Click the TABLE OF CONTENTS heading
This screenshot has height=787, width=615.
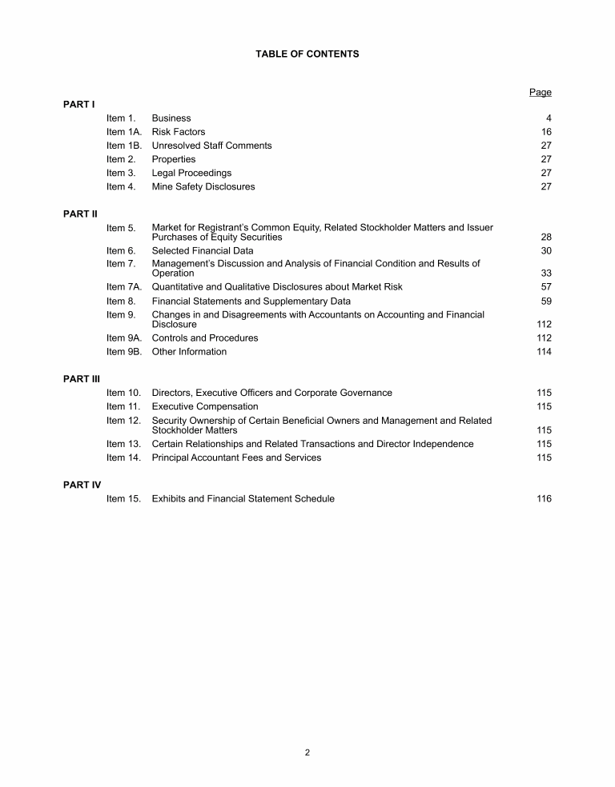pyautogui.click(x=307, y=54)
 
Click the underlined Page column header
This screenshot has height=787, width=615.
pyautogui.click(x=540, y=93)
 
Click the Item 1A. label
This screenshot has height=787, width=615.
pyautogui.click(x=123, y=132)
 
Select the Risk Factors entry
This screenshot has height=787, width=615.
pyautogui.click(x=178, y=132)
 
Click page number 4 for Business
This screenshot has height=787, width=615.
pyautogui.click(x=549, y=118)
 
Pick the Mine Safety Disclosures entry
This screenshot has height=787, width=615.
pyautogui.click(x=203, y=186)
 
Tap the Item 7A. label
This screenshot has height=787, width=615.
pyautogui.click(x=123, y=286)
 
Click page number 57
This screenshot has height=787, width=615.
pyautogui.click(x=546, y=286)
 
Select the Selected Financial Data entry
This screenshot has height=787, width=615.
pyautogui.click(x=202, y=250)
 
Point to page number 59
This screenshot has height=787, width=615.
pyautogui.click(x=546, y=302)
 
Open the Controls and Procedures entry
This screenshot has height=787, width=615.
pyautogui.click(x=204, y=338)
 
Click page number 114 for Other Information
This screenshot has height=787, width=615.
pyautogui.click(x=544, y=352)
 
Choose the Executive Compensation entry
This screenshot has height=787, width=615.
pyautogui.click(x=205, y=406)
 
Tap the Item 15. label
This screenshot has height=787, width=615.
pyautogui.click(x=123, y=498)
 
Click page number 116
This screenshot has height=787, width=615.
pyautogui.click(x=544, y=498)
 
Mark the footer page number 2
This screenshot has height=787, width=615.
pyautogui.click(x=307, y=753)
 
